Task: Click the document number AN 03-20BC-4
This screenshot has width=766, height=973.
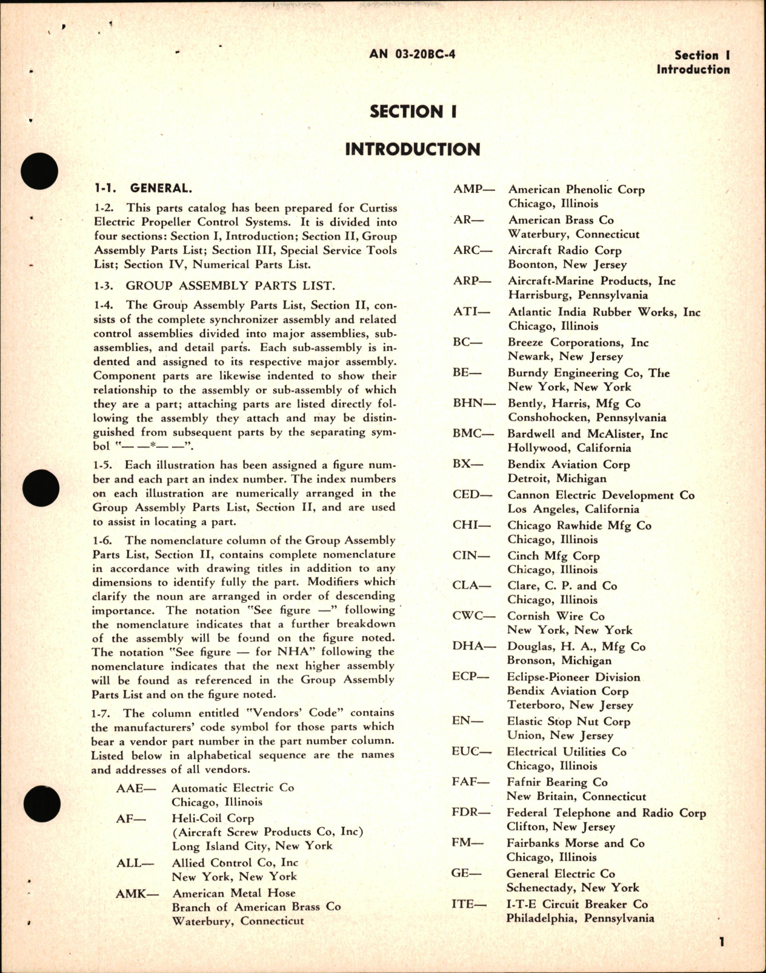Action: [x=412, y=55]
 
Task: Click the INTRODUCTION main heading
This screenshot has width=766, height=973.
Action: [x=412, y=149]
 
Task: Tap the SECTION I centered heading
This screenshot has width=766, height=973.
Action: [x=413, y=112]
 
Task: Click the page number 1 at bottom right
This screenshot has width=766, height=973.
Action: [x=722, y=942]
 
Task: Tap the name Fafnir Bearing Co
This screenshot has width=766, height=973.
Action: [x=558, y=783]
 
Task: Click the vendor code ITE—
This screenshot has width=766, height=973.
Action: [x=469, y=904]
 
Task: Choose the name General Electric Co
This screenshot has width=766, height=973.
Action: [x=561, y=874]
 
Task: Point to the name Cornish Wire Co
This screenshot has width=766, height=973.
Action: [x=556, y=616]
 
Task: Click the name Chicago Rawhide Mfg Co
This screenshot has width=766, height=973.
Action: [x=579, y=526]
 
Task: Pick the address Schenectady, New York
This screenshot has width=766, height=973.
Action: [x=573, y=888]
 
